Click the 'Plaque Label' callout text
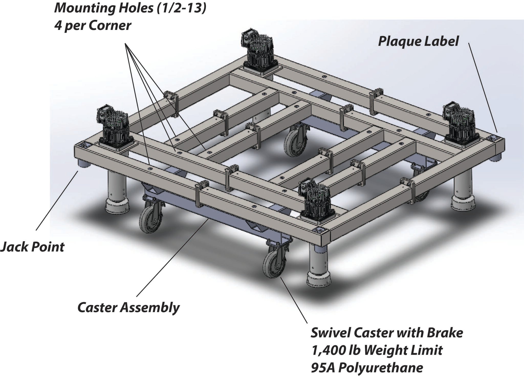418,41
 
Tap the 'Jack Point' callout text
32,247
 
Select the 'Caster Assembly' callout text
128,308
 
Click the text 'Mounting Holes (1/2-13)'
130,8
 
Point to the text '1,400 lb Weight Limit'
377,350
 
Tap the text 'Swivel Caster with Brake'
387,333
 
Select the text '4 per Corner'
93,26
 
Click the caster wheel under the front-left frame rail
150,219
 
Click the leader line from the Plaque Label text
483,87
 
